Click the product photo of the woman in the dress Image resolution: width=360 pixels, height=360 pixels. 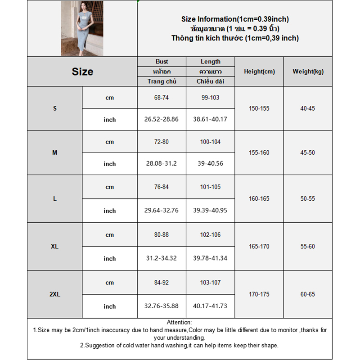pyautogui.click(x=82, y=28)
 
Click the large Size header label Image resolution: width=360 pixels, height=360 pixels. pyautogui.click(x=82, y=72)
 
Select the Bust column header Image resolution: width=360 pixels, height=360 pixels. pyautogui.click(x=162, y=62)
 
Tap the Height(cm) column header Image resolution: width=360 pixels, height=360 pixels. pyautogui.click(x=259, y=72)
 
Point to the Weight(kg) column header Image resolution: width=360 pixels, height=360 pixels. pyautogui.click(x=308, y=72)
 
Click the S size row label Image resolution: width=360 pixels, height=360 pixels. pyautogui.click(x=55, y=108)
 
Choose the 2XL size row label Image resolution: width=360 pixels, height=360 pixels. pyautogui.click(x=55, y=294)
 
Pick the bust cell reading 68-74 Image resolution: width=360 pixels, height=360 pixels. pyautogui.click(x=162, y=98)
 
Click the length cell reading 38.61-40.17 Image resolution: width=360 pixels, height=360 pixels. pyautogui.click(x=210, y=120)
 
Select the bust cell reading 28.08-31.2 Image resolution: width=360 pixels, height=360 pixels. pyautogui.click(x=162, y=164)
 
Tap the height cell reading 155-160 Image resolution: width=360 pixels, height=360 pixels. pyautogui.click(x=259, y=153)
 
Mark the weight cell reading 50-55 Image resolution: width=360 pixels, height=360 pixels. pyautogui.click(x=308, y=198)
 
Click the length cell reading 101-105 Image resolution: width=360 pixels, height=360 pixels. pyautogui.click(x=210, y=187)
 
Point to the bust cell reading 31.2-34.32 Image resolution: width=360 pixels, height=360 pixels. pyautogui.click(x=162, y=258)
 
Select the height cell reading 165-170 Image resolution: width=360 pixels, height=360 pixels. pyautogui.click(x=259, y=247)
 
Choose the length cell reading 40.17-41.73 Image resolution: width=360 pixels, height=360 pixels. pyautogui.click(x=210, y=306)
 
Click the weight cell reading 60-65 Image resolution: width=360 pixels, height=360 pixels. pyautogui.click(x=308, y=294)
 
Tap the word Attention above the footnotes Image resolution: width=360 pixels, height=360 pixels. pyautogui.click(x=179, y=322)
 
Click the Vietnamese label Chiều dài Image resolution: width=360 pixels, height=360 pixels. pyautogui.click(x=210, y=81)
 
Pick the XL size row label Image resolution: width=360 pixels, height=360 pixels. pyautogui.click(x=55, y=247)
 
